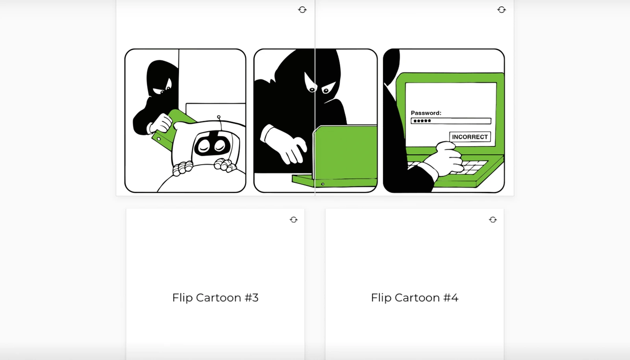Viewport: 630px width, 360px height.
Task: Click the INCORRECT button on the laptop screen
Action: coord(470,137)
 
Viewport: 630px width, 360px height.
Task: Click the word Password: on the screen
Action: coord(426,113)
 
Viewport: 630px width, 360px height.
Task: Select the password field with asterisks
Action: coord(451,121)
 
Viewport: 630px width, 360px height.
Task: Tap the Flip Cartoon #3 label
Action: coord(215,297)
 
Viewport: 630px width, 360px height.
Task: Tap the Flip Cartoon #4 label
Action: coord(414,297)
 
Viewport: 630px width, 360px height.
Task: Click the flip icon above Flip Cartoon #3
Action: coord(294,220)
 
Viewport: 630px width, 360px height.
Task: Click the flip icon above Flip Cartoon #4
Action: coord(493,220)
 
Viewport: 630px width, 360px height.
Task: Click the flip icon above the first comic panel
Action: coord(302,9)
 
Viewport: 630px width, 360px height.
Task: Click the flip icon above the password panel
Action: coord(502,9)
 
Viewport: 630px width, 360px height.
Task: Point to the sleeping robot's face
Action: coord(211,145)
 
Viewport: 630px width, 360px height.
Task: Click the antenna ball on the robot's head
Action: coord(219,117)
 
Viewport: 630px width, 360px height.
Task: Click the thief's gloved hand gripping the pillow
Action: coord(161,123)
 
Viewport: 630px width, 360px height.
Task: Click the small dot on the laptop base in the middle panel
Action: coord(322,184)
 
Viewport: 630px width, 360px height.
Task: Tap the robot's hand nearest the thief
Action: coord(182,168)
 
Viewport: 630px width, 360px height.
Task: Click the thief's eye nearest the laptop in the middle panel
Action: coord(326,90)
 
